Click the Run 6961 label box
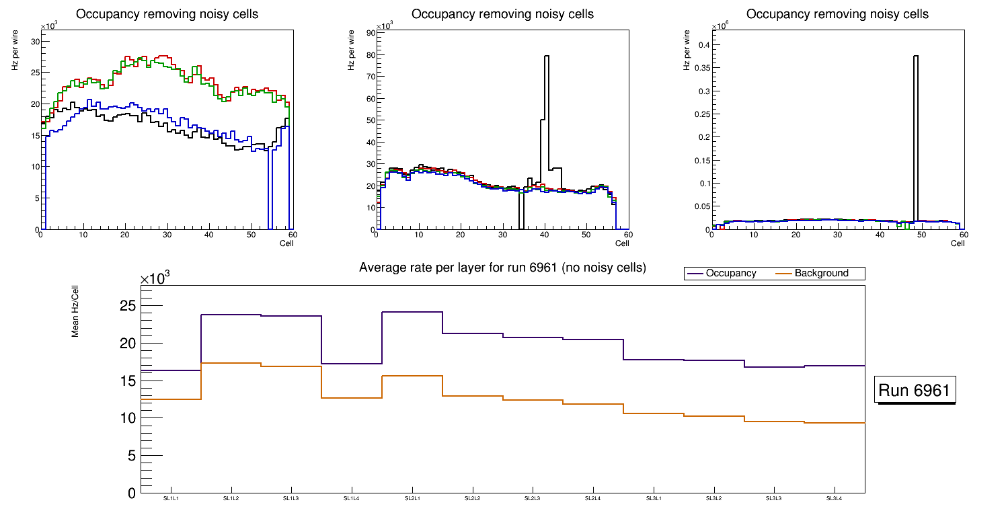[915, 390]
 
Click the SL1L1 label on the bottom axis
[171, 498]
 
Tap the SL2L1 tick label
[412, 498]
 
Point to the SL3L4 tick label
[835, 498]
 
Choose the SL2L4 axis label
[593, 498]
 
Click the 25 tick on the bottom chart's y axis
[128, 306]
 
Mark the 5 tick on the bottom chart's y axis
[132, 456]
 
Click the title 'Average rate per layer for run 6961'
[502, 268]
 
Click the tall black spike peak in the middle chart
[547, 57]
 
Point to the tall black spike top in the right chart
[915, 57]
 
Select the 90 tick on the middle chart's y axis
[371, 32]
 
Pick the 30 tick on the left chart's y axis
[35, 42]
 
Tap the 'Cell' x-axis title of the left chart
[287, 243]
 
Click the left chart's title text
[167, 14]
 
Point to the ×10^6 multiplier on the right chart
[721, 26]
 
